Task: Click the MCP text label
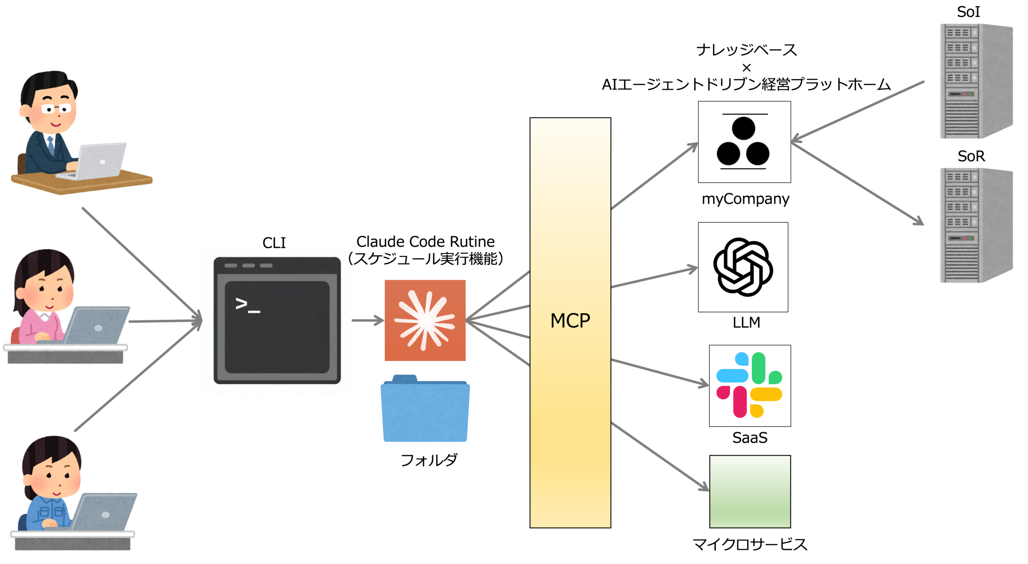(570, 320)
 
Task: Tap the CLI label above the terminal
(274, 243)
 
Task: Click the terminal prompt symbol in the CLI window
(247, 305)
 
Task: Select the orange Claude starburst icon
(425, 320)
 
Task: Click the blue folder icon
(425, 408)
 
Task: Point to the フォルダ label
(429, 460)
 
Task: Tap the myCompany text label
(745, 199)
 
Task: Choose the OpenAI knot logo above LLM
(743, 267)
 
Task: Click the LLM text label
(746, 322)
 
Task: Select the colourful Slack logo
(749, 385)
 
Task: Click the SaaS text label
(750, 438)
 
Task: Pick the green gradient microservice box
(750, 491)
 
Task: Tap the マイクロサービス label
(750, 544)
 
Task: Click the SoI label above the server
(968, 12)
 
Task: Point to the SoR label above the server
(971, 156)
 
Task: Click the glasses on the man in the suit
(56, 108)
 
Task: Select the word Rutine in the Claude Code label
(472, 242)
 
